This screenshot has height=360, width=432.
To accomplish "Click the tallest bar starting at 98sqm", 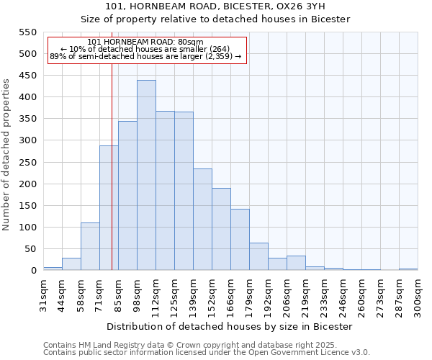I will click(x=146, y=176).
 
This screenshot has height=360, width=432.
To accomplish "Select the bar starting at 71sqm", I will click(x=109, y=208).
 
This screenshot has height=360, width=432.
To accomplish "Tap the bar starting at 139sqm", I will click(x=202, y=220).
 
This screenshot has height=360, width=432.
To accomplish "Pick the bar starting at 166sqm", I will click(x=240, y=240).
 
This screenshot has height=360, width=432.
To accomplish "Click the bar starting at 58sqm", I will click(x=90, y=246).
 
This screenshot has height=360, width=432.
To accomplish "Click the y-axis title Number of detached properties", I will click(x=6, y=155).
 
